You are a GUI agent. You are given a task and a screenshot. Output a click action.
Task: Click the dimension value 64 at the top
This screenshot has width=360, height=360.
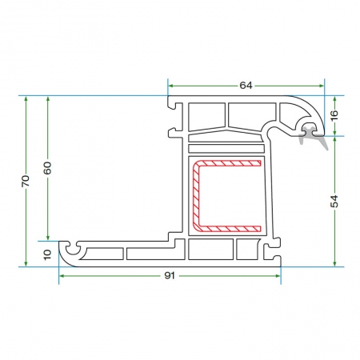click(246, 86)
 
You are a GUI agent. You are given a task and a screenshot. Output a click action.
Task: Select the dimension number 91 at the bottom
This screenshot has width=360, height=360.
click(170, 275)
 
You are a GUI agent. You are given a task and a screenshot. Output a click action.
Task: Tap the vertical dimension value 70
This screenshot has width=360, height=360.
click(26, 181)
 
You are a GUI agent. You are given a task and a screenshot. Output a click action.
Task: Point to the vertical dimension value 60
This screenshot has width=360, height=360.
click(47, 168)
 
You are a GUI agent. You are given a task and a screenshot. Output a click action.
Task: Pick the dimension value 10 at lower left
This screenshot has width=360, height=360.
click(47, 254)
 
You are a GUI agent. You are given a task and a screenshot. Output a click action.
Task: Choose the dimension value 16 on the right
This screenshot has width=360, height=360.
click(334, 115)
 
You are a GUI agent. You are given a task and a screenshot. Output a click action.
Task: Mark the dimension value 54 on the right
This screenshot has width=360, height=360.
click(334, 202)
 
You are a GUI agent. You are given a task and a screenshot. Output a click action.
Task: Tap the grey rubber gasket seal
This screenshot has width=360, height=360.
click(312, 136)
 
